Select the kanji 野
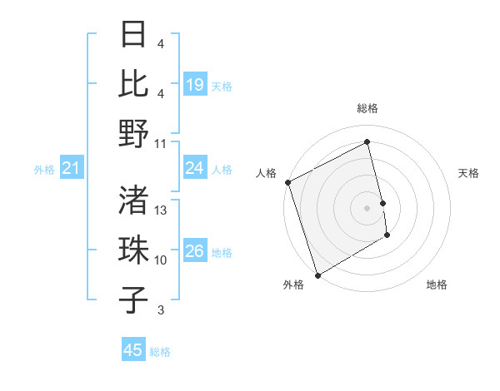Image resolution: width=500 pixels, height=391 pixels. coord(134,133)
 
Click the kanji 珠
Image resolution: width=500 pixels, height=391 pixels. coord(134,250)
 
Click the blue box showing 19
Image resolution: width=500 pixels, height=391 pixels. coord(194,84)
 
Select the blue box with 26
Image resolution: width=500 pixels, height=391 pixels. coord(194,251)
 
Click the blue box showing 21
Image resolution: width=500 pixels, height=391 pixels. coord(71,169)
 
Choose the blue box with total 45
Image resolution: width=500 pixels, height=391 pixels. coord(132,350)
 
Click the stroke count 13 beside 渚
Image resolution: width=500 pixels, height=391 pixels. coord(161,210)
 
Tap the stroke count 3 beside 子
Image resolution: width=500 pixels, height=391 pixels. coord(161,311)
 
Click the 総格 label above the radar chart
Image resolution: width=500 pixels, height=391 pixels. coord(367,108)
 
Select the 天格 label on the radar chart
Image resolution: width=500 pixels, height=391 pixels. coord(468,173)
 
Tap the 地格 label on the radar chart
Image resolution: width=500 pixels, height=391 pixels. coord(437,285)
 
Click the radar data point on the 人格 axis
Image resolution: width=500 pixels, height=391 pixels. coord(287,182)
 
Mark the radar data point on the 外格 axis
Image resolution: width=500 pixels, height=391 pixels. coord(317,275)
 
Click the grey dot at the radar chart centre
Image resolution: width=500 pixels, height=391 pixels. coord(367,208)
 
